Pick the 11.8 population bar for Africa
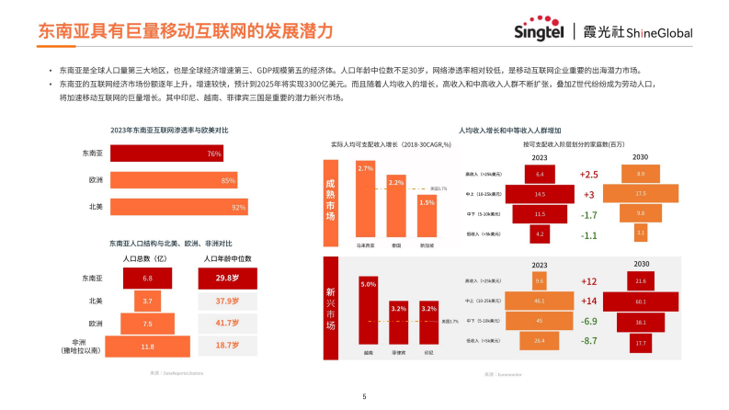[146, 347]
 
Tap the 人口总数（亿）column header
[147, 258]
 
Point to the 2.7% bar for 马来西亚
[366, 199]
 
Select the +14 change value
[589, 301]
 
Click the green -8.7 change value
[589, 341]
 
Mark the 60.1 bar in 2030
[641, 301]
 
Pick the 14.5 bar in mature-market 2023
[540, 195]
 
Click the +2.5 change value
[589, 175]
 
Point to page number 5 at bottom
[364, 397]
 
